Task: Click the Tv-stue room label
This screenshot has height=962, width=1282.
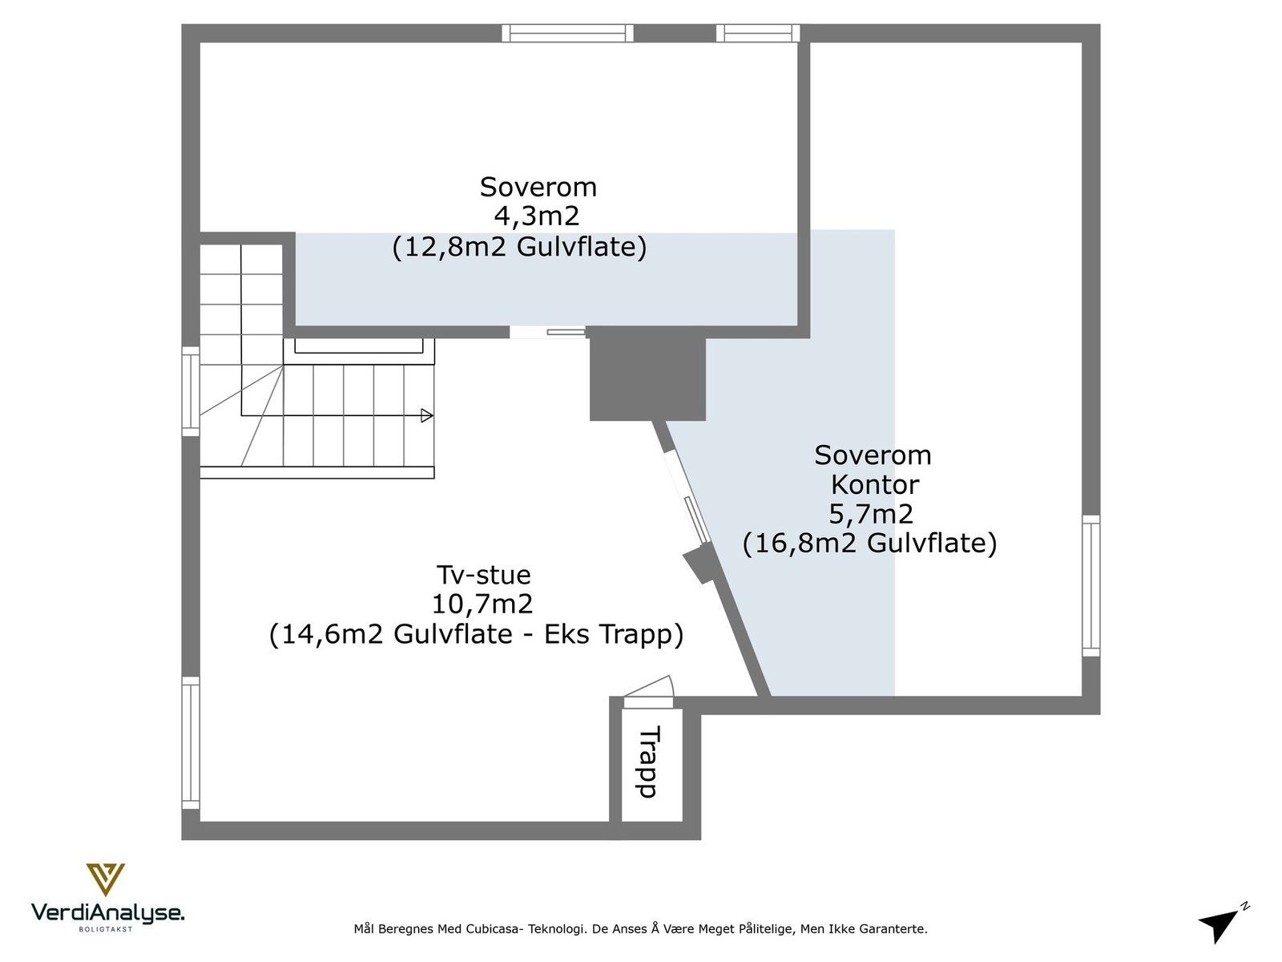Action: (x=483, y=575)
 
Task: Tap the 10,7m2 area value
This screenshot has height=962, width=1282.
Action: (x=482, y=604)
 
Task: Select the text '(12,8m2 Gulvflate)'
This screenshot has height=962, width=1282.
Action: (x=519, y=247)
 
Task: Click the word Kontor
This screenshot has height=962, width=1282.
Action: (x=874, y=484)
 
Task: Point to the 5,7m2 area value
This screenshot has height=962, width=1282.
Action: (x=871, y=513)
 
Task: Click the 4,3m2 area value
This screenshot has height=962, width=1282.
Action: (x=536, y=216)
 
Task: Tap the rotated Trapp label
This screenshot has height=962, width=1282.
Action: (x=650, y=762)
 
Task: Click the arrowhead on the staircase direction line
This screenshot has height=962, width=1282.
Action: (x=427, y=415)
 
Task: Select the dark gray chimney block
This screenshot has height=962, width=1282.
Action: (x=647, y=378)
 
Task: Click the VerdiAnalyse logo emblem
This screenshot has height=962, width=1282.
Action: (x=105, y=879)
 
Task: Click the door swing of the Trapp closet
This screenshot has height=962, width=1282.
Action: (x=651, y=688)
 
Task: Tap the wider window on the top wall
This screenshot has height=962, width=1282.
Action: (x=567, y=33)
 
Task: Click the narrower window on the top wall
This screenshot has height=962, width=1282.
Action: (x=757, y=33)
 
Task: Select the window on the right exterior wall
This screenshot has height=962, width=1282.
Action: (x=1091, y=585)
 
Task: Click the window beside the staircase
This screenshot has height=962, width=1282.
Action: (x=191, y=390)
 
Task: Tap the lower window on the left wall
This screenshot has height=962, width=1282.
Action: (x=191, y=742)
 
